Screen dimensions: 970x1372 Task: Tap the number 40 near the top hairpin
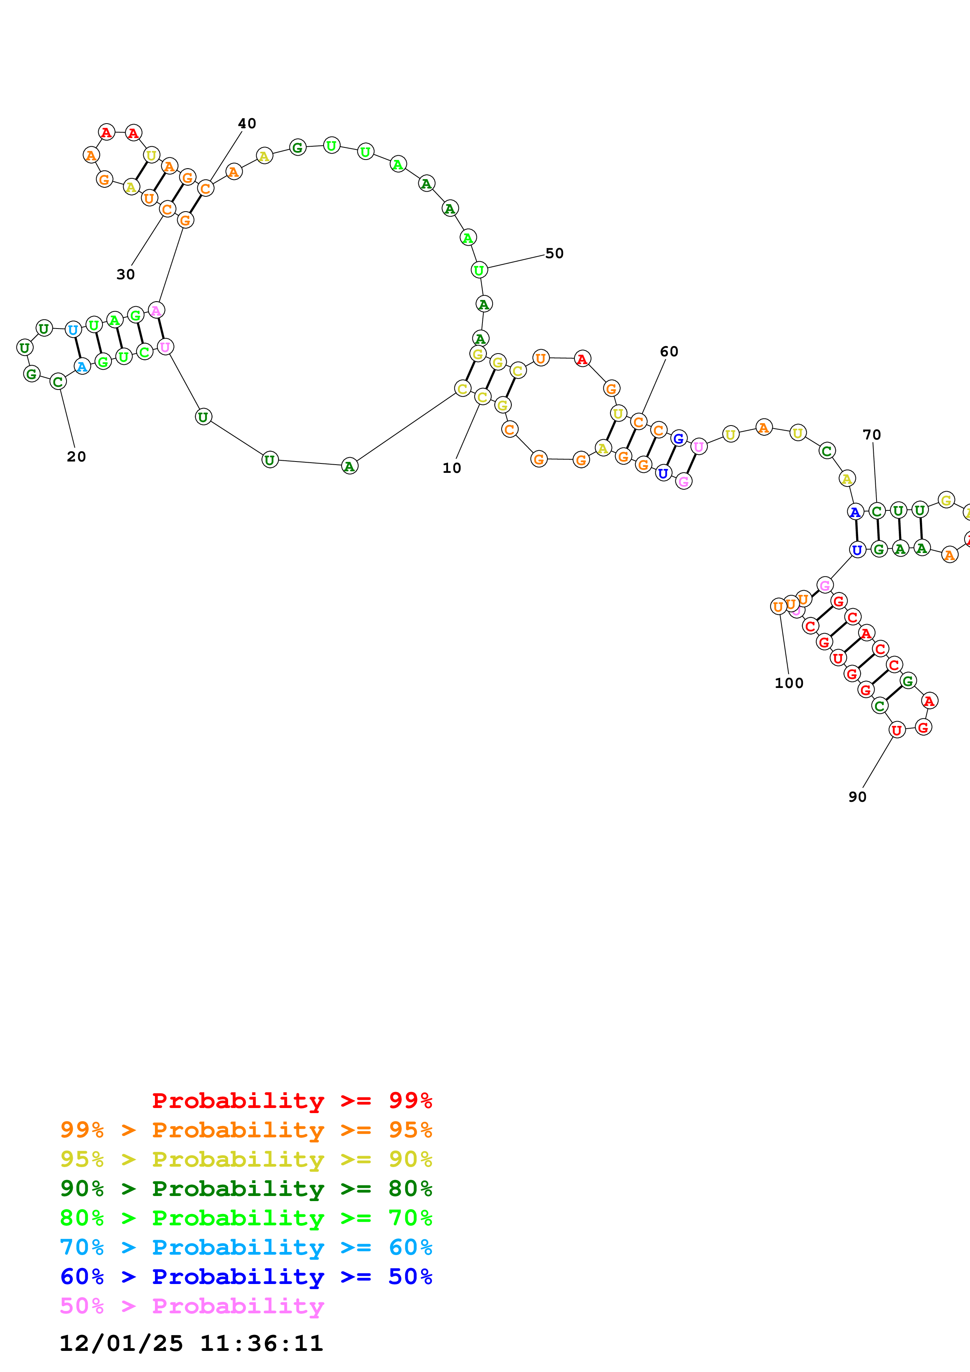click(247, 124)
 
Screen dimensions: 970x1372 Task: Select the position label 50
click(554, 253)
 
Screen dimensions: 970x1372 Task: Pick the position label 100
click(788, 683)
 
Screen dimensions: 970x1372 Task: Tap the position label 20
click(76, 456)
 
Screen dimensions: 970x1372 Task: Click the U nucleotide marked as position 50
click(479, 270)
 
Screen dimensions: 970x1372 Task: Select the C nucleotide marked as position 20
click(58, 381)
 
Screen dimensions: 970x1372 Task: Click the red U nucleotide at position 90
click(896, 730)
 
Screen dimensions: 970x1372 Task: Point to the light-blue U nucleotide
click(73, 329)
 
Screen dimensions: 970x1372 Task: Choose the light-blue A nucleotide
click(82, 366)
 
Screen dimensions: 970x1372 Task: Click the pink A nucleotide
click(156, 310)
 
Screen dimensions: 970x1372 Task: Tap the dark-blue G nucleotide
click(678, 438)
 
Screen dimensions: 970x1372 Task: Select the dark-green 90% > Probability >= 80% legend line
click(246, 1189)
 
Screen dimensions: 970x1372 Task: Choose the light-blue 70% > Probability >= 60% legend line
click(246, 1247)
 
